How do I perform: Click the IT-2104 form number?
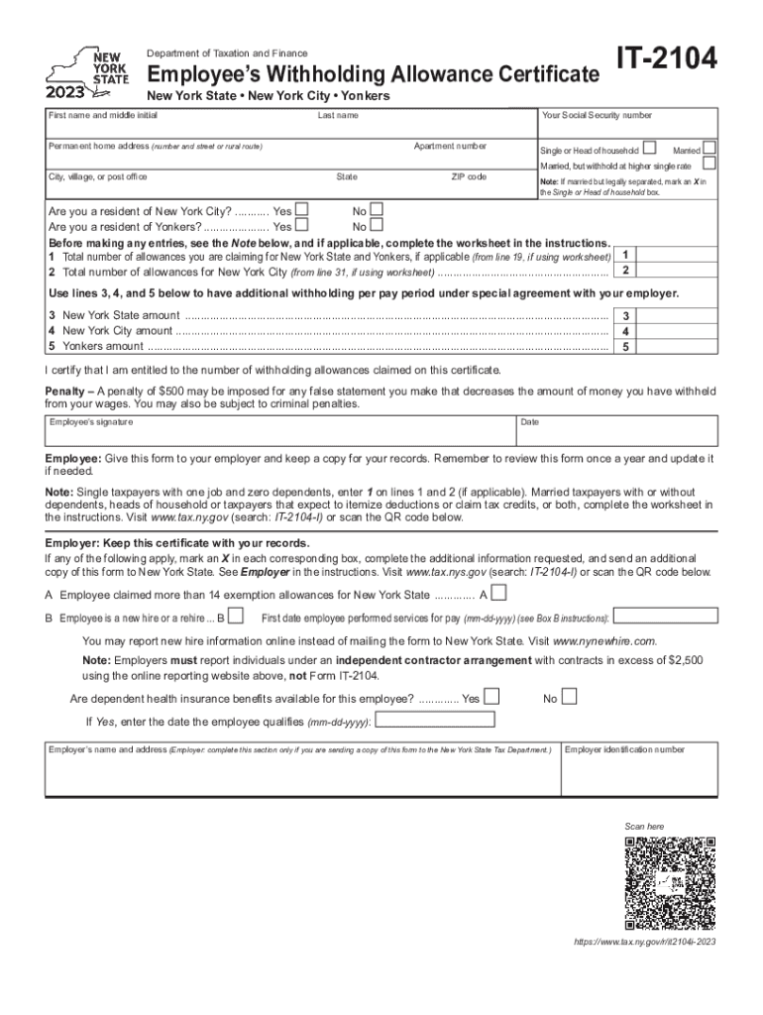click(x=666, y=61)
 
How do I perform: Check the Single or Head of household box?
click(x=650, y=147)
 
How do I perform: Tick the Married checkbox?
click(x=708, y=147)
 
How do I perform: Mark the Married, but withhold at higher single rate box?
click(x=708, y=164)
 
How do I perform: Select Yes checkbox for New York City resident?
click(x=302, y=210)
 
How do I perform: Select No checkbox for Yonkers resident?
click(x=376, y=225)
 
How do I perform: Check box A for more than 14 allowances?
click(x=499, y=594)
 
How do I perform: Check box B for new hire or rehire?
click(x=236, y=617)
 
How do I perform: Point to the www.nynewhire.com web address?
click(x=603, y=640)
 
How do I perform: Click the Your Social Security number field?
click(x=627, y=125)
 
